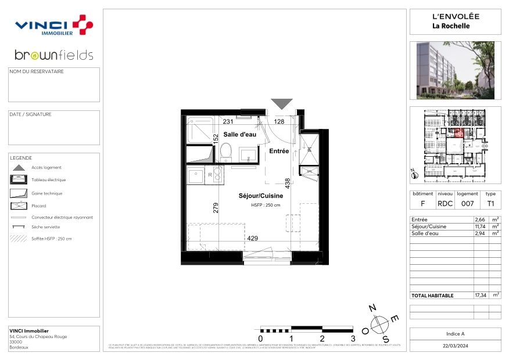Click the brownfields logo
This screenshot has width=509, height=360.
(53, 56)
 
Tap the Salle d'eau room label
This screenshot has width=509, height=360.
(239, 134)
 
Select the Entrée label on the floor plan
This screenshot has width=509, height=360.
(279, 151)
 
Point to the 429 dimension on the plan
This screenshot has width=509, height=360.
(253, 238)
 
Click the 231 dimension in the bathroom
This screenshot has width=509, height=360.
(228, 121)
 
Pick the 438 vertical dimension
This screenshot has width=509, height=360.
(287, 183)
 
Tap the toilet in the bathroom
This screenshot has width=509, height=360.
(227, 153)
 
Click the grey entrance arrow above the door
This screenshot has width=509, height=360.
(282, 104)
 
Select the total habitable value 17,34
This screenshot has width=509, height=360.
(481, 295)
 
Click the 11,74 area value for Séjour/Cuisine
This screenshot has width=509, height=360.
(481, 226)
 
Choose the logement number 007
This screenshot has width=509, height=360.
(468, 204)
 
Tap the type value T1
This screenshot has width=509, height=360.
(491, 204)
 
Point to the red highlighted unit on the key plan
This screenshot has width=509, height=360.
(458, 133)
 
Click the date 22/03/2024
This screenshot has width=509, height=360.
(455, 345)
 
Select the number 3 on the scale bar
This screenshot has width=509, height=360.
(353, 339)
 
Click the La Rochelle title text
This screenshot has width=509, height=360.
(451, 26)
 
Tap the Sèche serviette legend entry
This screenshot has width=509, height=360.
(45, 227)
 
